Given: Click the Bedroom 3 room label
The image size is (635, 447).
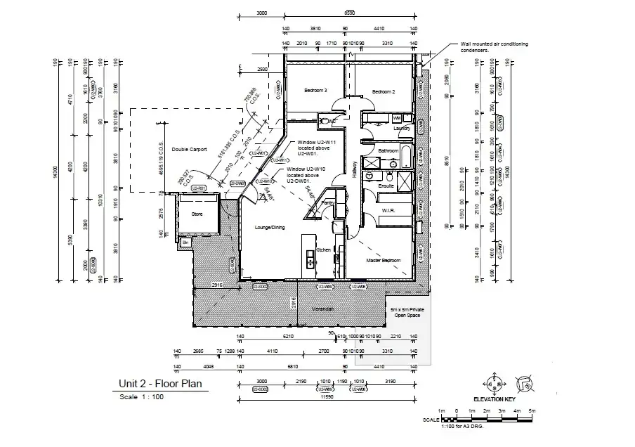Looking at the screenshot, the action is [315, 91].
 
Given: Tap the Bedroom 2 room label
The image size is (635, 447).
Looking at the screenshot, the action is [384, 92].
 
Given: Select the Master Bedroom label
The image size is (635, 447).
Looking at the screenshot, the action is [384, 261].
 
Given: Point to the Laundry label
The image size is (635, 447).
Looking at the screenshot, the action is [402, 129].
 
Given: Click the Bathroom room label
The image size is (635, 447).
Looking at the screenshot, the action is [388, 151].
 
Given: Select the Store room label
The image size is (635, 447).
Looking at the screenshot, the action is [197, 214].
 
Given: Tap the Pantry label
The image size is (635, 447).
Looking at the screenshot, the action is [327, 203].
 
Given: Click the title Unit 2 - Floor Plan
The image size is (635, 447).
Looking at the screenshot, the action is [160, 384].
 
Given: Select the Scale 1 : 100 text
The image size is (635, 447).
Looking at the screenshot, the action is [142, 397].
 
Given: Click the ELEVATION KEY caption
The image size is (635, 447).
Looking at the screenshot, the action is [495, 399].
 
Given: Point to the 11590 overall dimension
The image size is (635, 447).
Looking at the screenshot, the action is [326, 397].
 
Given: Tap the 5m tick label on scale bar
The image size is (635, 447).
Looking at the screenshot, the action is [532, 410].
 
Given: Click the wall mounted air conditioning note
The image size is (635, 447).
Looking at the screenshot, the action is [494, 47].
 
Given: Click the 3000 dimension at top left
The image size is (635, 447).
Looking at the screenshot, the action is [262, 13].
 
